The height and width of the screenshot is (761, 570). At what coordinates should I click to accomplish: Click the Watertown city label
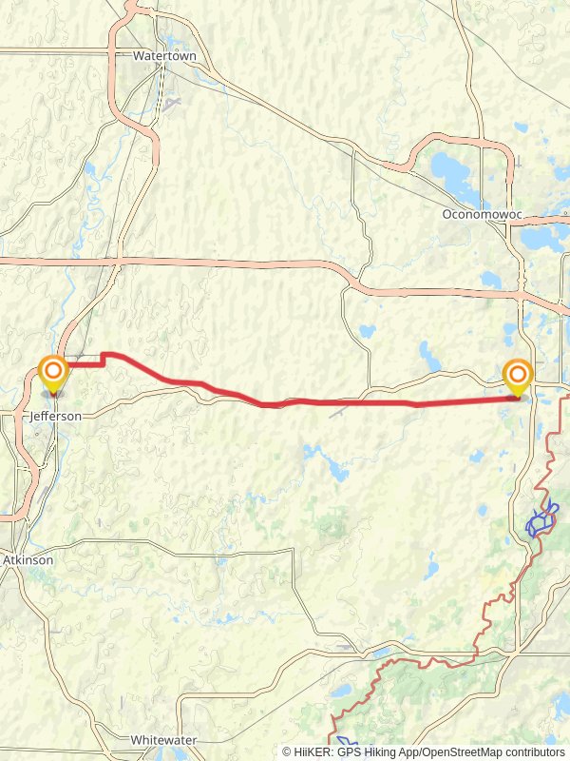click(163, 57)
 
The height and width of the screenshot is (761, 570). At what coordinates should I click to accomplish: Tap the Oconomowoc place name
click(483, 215)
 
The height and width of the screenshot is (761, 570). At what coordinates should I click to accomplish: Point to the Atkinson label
click(28, 560)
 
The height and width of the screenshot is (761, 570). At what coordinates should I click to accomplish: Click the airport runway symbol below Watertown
click(171, 103)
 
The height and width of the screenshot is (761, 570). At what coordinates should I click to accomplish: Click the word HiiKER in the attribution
click(313, 751)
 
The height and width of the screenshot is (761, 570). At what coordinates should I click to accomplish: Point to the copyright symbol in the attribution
click(287, 751)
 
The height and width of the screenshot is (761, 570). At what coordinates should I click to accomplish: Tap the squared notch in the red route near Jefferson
click(103, 359)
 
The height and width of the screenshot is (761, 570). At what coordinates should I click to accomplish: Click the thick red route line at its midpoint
click(285, 402)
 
